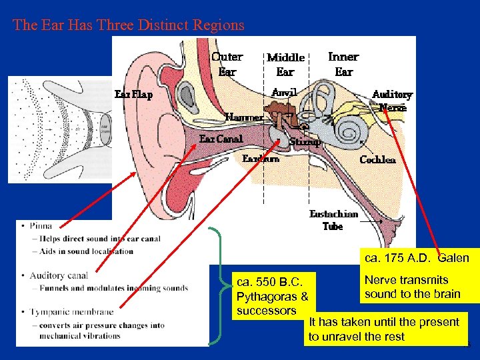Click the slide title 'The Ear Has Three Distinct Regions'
click(x=129, y=25)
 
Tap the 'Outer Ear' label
click(x=227, y=64)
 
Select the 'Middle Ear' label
click(x=285, y=65)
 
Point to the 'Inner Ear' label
click(x=343, y=64)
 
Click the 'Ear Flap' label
click(x=133, y=94)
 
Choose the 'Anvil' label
click(x=284, y=91)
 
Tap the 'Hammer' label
click(x=244, y=117)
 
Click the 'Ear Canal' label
click(x=221, y=139)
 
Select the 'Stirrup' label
click(x=305, y=141)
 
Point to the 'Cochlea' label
click(x=377, y=159)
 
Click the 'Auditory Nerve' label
click(x=392, y=101)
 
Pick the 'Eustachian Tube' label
click(x=333, y=220)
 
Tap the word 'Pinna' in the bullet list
click(x=41, y=225)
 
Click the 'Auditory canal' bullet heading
click(x=59, y=275)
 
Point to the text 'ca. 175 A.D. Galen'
click(x=416, y=258)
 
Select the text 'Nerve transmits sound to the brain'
click(x=412, y=287)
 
